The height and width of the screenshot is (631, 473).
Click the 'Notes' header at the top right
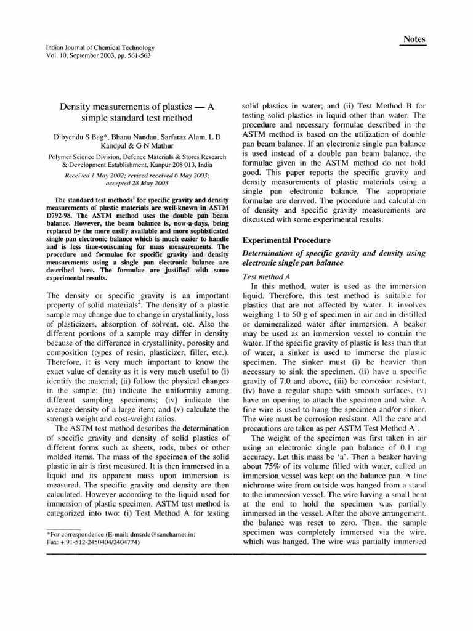pos(414,39)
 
